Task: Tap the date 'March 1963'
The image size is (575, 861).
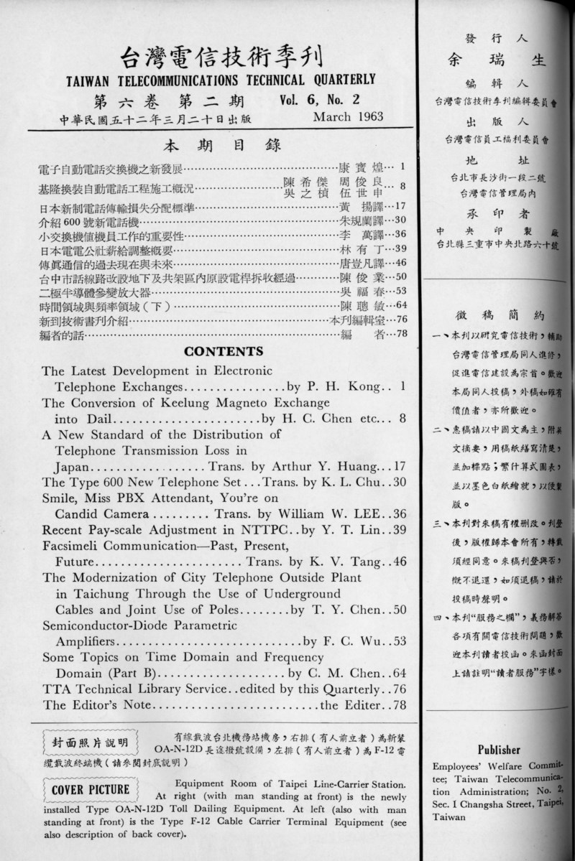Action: tap(349, 116)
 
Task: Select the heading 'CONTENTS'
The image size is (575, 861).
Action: tap(224, 351)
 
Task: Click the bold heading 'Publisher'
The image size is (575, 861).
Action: tap(498, 748)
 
